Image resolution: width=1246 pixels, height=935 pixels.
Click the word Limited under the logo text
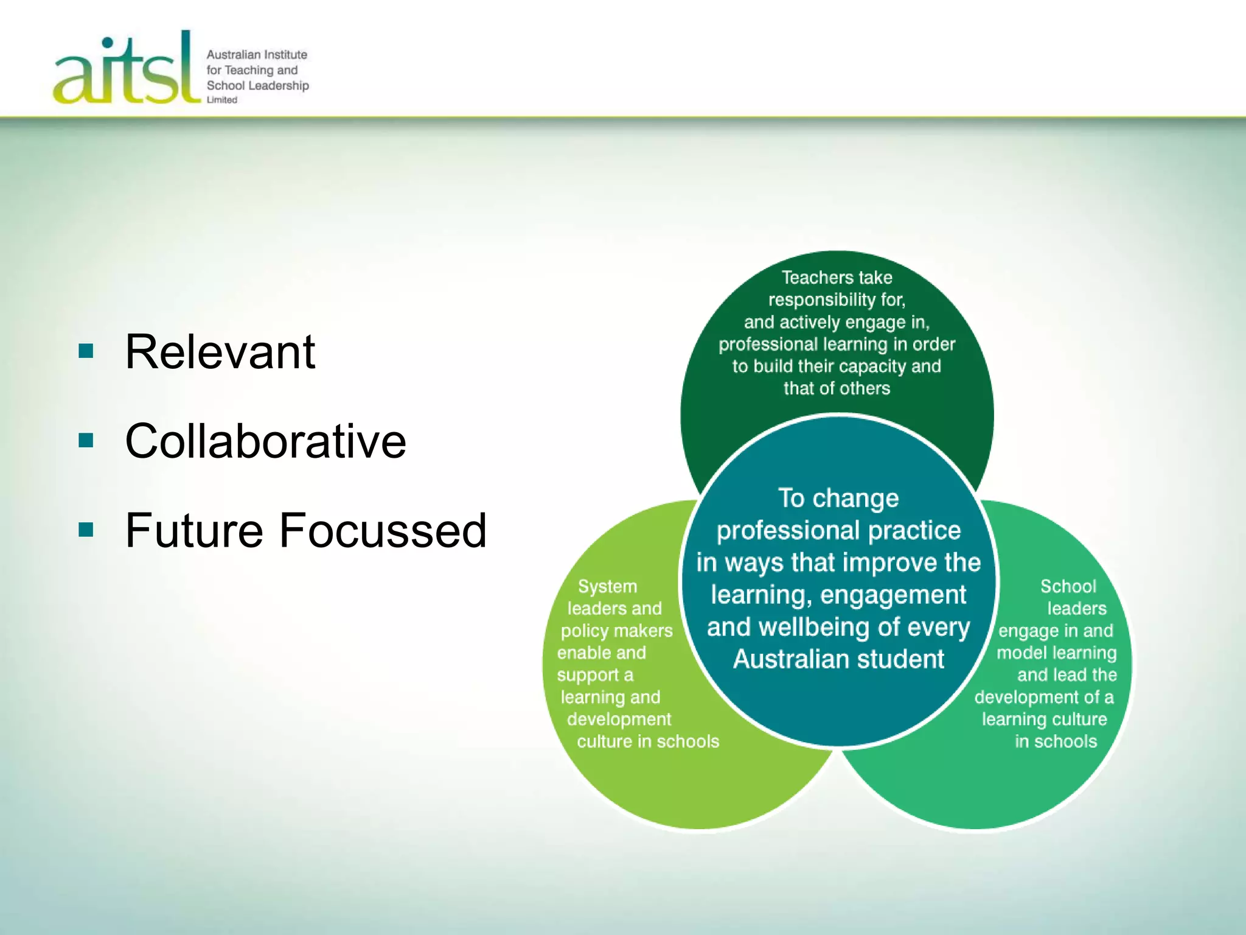(x=221, y=100)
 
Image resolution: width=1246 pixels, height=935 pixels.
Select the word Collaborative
(x=265, y=441)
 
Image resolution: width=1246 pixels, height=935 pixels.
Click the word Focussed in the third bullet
(x=383, y=530)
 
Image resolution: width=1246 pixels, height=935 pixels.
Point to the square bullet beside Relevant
(x=86, y=351)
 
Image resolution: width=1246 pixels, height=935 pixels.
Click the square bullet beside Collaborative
(x=86, y=440)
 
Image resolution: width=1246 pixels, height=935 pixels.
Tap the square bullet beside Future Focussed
(x=86, y=530)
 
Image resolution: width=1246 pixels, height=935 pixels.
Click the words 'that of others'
(x=837, y=388)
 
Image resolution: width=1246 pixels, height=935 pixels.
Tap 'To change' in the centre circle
(x=838, y=498)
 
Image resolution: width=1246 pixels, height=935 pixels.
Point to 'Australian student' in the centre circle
(x=838, y=659)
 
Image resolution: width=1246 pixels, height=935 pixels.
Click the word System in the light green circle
(x=607, y=586)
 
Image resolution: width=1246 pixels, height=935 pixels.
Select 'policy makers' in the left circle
(x=616, y=631)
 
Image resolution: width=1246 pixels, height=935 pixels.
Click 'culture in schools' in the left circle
(x=648, y=741)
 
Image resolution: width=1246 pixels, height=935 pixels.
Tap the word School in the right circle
(x=1068, y=586)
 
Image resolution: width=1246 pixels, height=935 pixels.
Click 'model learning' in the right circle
(x=1056, y=653)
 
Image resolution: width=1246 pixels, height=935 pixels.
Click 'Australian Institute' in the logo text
(x=257, y=55)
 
